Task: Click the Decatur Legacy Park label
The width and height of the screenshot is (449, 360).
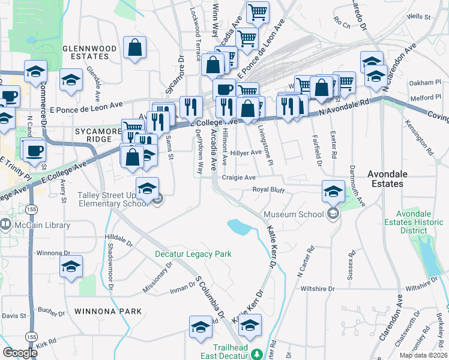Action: point(193,254)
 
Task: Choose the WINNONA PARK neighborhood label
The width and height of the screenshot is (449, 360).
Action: point(108,311)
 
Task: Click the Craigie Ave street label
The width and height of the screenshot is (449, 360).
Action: point(239,178)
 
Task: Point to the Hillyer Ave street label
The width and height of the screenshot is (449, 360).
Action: point(246,152)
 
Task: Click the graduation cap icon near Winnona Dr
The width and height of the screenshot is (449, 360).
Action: point(71,266)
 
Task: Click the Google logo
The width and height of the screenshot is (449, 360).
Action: point(20,353)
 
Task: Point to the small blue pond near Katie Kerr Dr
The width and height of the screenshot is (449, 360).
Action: point(239,226)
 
